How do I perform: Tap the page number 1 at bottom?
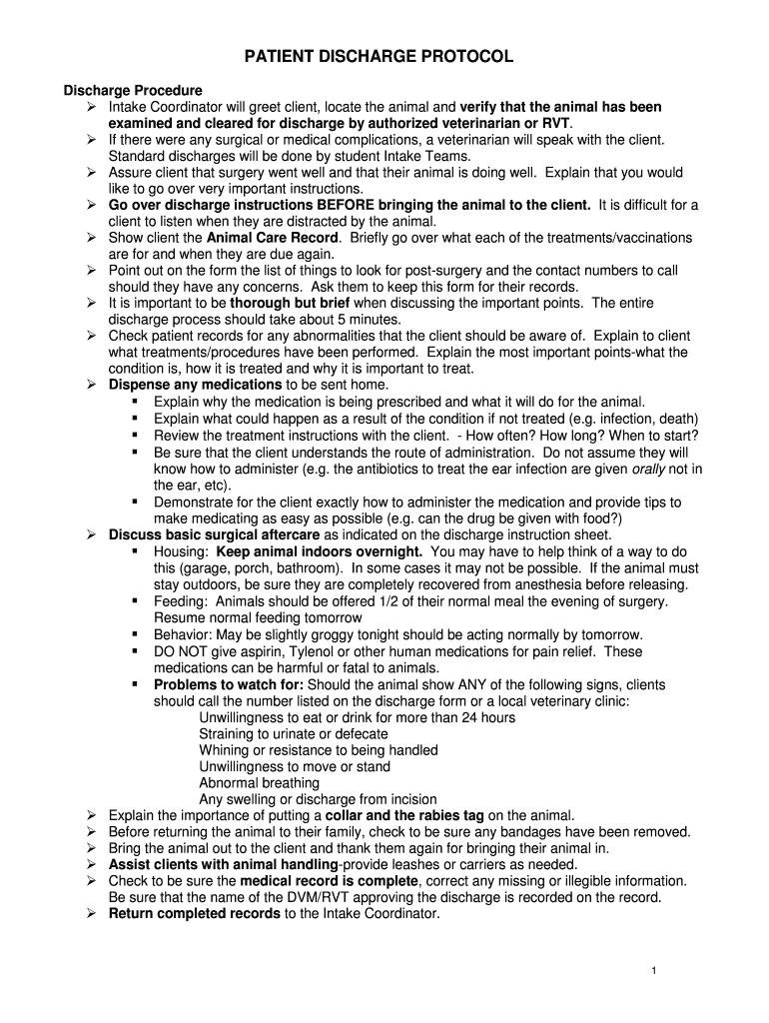652,971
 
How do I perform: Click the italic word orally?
649,469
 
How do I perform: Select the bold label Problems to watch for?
229,684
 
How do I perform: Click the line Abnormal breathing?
258,782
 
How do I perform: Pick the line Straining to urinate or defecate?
294,733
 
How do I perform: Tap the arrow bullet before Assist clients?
90,864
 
